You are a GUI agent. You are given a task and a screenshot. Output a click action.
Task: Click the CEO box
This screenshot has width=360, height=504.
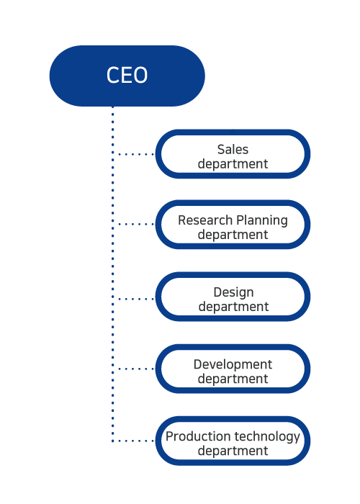tap(127, 76)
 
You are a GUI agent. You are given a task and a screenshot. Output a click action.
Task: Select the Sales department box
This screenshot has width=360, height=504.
tap(233, 154)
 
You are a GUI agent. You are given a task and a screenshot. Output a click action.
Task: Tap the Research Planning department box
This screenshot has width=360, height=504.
tap(233, 225)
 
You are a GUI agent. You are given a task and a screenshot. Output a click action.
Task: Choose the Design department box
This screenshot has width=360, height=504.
tap(233, 297)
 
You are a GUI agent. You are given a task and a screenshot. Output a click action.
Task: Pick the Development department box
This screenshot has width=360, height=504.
tap(233, 369)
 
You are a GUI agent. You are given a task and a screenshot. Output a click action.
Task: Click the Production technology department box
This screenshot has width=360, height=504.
tap(233, 441)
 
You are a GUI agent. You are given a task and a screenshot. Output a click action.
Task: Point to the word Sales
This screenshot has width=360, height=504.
tap(233, 150)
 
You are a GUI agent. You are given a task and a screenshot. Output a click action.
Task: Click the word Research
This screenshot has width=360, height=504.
tap(205, 220)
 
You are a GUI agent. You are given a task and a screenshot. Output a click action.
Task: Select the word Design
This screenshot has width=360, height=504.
tap(234, 293)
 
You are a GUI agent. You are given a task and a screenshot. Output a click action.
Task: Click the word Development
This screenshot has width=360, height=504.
tap(233, 365)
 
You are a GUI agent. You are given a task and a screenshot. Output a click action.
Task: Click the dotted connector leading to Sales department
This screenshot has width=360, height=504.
tap(135, 154)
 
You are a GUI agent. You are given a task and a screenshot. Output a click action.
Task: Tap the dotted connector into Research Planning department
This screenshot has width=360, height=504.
tap(135, 224)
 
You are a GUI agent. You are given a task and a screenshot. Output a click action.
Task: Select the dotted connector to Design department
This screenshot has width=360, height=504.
tap(135, 299)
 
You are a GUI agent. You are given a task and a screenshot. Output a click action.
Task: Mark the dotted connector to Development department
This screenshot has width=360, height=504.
tap(135, 369)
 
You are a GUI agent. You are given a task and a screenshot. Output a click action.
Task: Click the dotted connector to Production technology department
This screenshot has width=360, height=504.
tap(135, 441)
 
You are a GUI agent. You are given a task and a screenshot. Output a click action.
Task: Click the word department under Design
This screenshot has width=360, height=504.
tap(234, 307)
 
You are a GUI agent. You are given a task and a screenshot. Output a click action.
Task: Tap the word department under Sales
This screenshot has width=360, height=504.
tap(233, 164)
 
